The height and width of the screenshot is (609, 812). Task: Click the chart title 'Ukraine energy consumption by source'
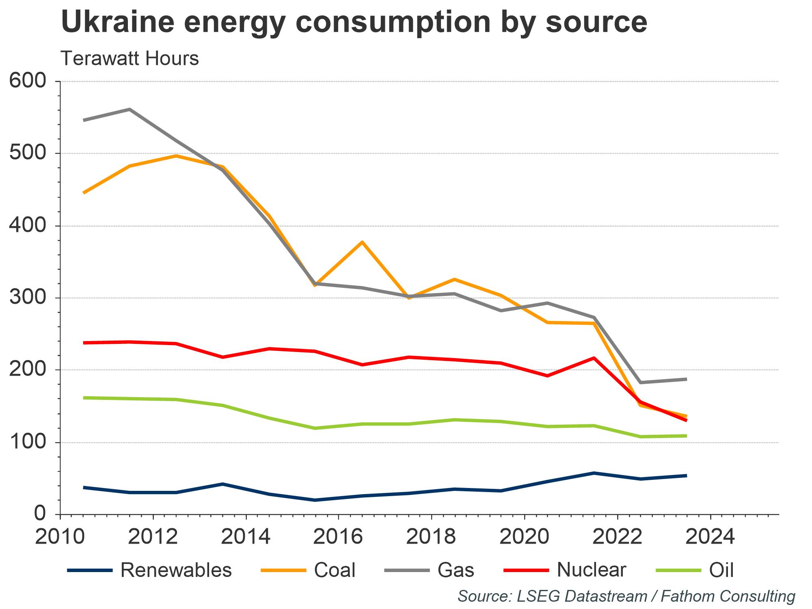354,22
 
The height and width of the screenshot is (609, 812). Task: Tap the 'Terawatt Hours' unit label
130,58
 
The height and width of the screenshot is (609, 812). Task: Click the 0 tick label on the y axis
40,514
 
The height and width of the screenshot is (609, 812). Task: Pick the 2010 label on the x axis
60,537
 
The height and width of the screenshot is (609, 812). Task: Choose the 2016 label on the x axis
338,537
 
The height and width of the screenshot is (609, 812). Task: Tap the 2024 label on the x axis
710,537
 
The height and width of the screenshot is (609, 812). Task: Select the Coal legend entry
309,570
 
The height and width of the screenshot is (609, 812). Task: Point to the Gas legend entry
429,570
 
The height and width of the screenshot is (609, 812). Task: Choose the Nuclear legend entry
565,570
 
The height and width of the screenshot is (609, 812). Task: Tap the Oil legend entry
695,570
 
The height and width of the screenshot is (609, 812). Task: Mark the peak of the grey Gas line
130,109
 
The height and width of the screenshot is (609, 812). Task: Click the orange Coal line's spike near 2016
362,242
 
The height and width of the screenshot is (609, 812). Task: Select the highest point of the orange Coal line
176,156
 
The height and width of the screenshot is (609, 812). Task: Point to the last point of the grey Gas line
686,379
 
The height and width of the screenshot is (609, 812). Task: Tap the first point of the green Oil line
84,397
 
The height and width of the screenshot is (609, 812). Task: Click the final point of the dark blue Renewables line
686,475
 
